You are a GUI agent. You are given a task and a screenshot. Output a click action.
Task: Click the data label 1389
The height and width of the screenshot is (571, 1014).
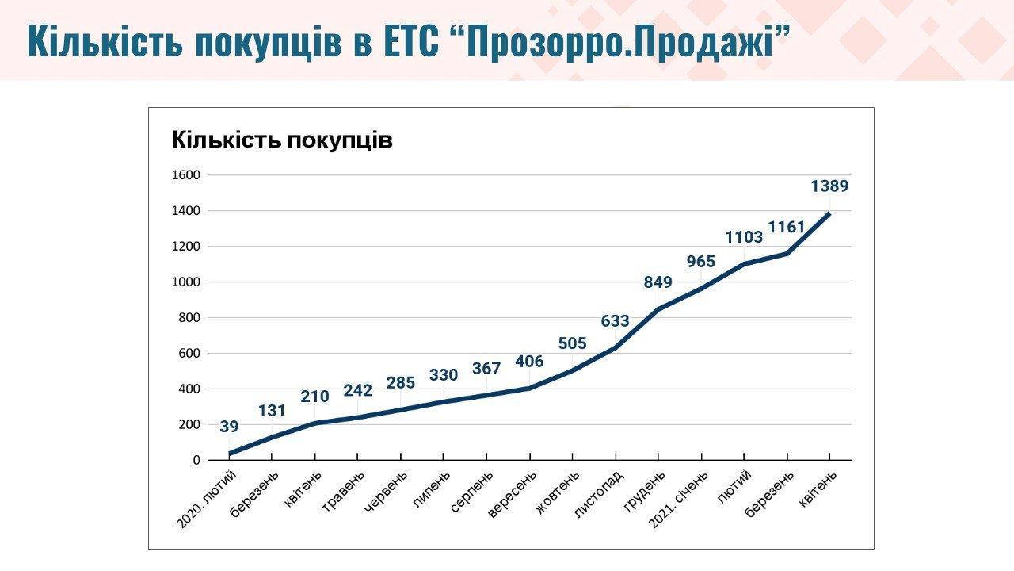pos(829,187)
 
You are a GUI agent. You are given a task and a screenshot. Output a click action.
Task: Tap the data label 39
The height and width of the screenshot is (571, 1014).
pos(229,427)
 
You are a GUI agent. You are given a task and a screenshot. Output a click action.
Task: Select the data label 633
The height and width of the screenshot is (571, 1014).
pos(615,321)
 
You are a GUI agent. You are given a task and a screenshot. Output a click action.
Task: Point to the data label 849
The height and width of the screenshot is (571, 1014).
pos(658,282)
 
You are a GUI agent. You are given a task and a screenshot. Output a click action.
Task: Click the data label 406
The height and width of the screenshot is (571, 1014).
pos(529,362)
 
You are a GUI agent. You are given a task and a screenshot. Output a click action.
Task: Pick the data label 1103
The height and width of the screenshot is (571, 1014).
pos(744,237)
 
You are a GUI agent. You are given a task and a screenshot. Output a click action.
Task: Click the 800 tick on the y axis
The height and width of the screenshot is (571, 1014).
pos(190,318)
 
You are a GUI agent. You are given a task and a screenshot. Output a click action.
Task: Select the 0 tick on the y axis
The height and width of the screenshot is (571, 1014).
pos(196,461)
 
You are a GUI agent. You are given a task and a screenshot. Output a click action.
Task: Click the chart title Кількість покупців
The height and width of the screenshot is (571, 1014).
pos(282,141)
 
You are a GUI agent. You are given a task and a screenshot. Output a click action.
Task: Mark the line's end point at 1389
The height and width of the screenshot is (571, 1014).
pos(829,213)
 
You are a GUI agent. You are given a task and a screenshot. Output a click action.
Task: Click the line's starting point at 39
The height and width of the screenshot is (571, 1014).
pos(230,454)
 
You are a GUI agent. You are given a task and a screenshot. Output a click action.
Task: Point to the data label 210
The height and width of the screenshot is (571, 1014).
pos(314,397)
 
